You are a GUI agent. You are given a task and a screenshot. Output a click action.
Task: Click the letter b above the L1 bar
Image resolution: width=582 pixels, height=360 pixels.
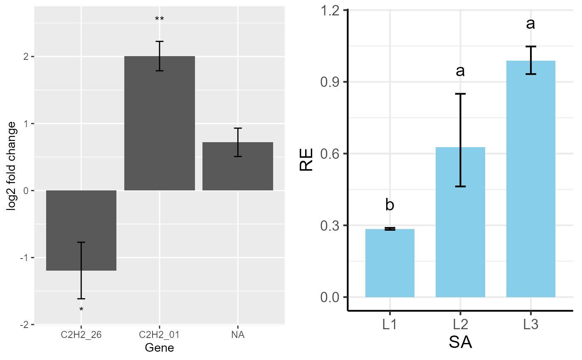[x=390, y=205]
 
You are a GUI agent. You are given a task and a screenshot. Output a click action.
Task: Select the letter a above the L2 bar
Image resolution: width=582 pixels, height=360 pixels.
[x=460, y=71]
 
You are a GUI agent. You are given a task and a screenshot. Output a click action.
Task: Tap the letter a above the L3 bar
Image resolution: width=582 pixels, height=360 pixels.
[x=531, y=24]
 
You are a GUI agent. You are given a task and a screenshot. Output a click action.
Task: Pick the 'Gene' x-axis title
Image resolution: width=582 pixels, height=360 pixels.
[x=159, y=348]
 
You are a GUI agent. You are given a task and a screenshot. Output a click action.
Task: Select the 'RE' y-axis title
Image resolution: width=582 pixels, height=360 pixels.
[x=307, y=160]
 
